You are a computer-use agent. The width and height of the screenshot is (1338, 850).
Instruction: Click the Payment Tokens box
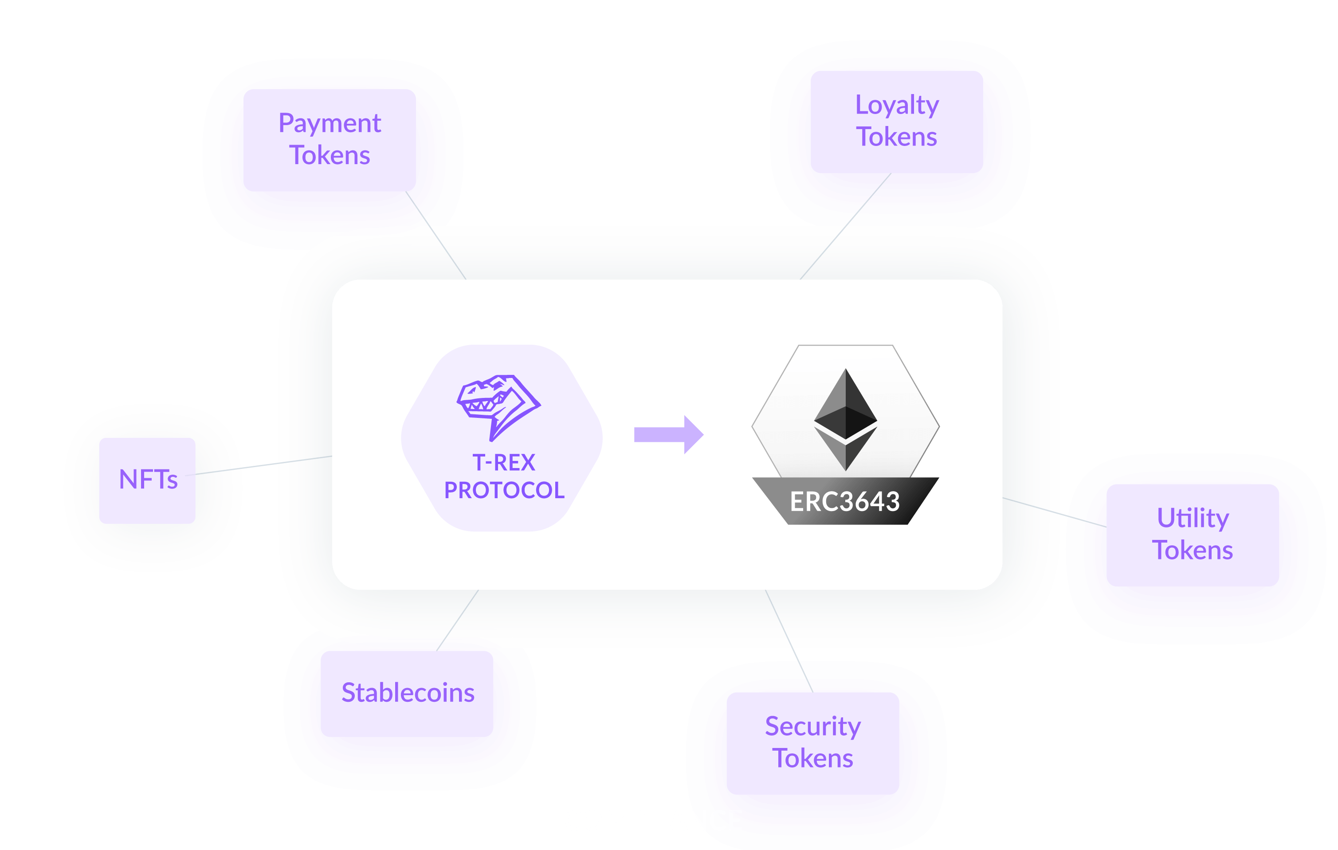330,140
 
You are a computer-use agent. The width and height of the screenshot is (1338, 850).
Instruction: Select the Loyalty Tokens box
897,122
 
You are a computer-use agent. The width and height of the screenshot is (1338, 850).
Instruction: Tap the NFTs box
147,481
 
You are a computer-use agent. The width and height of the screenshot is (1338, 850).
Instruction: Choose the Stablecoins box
407,694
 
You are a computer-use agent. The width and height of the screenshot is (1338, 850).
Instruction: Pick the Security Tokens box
813,743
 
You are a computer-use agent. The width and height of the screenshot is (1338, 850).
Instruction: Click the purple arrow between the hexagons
669,435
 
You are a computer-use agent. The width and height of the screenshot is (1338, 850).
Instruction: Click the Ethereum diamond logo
846,420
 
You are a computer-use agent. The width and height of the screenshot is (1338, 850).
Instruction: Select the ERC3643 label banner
846,501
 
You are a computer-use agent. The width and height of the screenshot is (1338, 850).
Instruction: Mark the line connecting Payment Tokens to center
436,236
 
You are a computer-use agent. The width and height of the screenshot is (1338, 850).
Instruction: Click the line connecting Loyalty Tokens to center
846,226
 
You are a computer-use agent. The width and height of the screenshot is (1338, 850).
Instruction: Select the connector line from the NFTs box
259,466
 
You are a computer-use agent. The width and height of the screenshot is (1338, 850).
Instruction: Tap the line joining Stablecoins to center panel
457,620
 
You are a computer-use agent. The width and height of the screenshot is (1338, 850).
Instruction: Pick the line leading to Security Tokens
789,641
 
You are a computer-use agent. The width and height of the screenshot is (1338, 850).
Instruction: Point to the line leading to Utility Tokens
1055,512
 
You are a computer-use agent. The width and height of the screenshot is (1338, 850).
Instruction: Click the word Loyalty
897,106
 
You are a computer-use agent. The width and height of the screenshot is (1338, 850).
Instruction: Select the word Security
813,727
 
